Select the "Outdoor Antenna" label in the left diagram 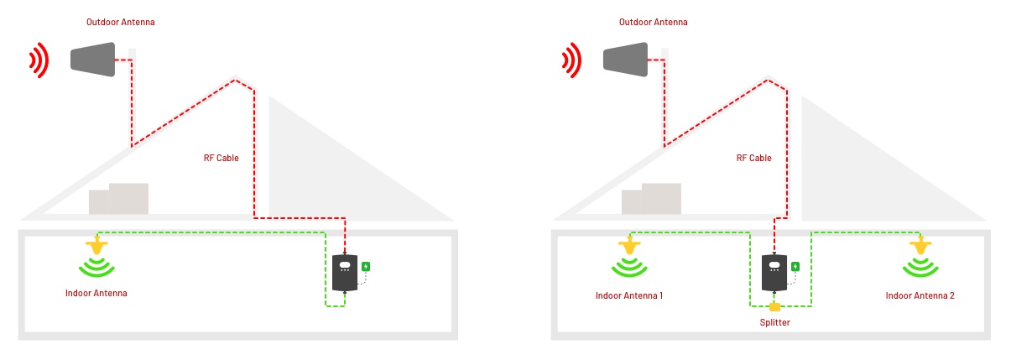point(121,23)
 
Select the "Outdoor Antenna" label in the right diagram point(654,23)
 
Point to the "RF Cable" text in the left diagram point(221,158)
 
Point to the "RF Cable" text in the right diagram point(754,158)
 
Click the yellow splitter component point(774,305)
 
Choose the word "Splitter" point(774,322)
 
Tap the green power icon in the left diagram point(366,267)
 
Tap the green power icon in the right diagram point(795,267)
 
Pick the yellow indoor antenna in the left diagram point(97,247)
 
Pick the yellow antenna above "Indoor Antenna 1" point(628,247)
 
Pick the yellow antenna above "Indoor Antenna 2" point(920,247)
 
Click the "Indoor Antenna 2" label point(920,295)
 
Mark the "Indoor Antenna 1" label point(629,295)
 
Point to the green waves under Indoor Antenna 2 point(920,268)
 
